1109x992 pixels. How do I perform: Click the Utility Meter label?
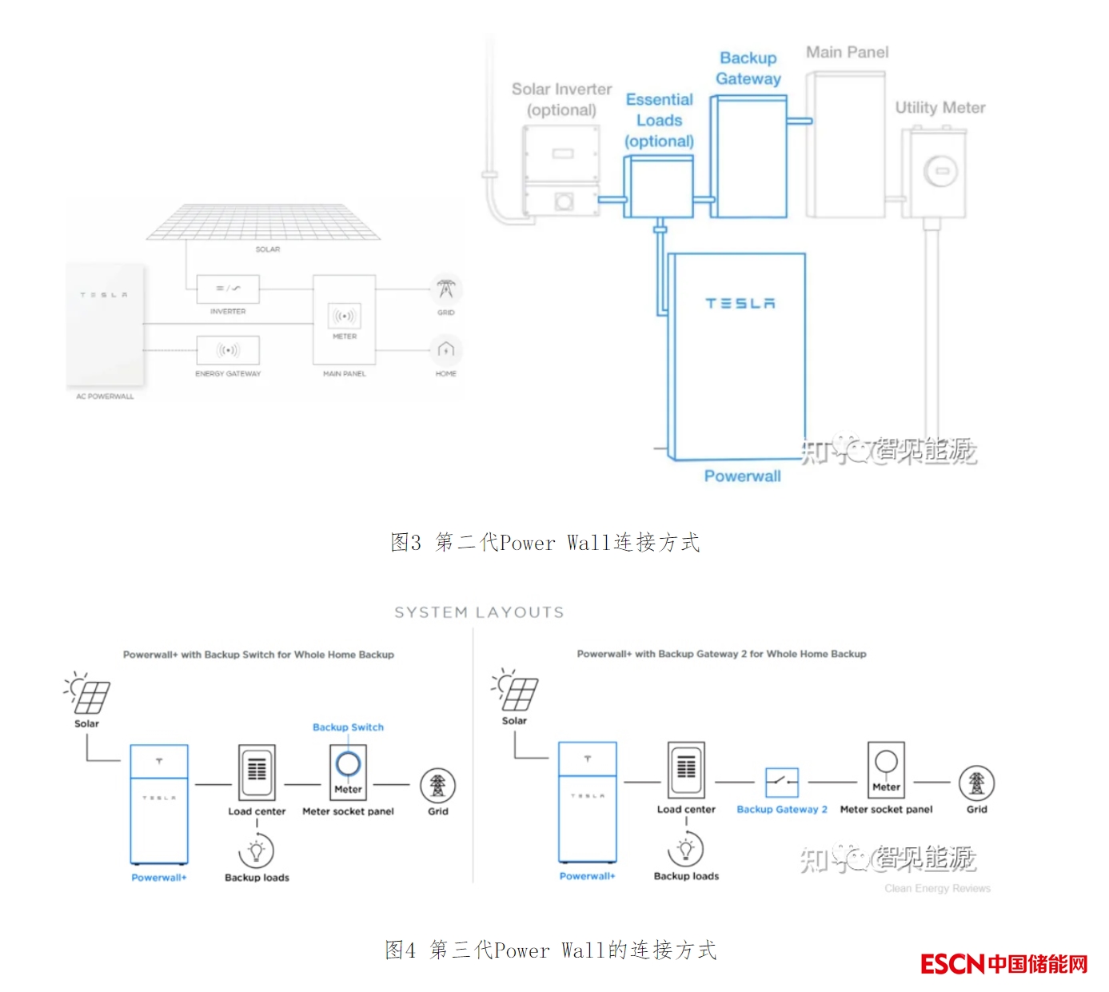coord(939,108)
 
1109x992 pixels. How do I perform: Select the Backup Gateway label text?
coord(748,69)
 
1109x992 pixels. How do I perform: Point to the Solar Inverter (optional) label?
coord(561,99)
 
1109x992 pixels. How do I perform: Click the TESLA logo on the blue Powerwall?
coord(740,304)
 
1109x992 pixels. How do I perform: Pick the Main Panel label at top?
coord(847,53)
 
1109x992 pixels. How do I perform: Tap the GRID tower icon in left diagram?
coord(446,289)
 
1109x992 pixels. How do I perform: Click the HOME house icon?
coord(446,349)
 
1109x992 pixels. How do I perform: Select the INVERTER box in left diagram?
coord(228,289)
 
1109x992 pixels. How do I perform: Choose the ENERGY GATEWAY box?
coord(228,350)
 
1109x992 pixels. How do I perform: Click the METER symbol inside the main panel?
coord(345,317)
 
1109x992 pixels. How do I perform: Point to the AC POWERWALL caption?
coord(105,396)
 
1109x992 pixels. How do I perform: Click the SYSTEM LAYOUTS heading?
coord(479,612)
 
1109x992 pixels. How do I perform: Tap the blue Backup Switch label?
coord(348,727)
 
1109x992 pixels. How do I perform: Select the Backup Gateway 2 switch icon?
coord(781,782)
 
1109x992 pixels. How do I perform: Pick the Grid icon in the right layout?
coord(976,783)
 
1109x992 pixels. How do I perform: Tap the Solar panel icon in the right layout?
coord(517,692)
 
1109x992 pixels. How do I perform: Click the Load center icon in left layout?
coord(257,771)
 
